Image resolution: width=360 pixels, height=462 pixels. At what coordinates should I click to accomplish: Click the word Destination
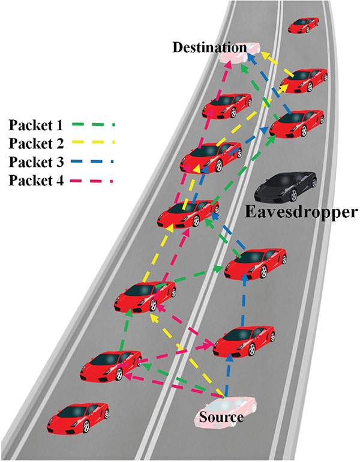pyautogui.click(x=209, y=47)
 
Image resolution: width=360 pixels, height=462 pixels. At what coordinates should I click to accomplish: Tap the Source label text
pyautogui.click(x=221, y=417)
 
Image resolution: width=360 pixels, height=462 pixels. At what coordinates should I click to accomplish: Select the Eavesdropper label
pyautogui.click(x=301, y=213)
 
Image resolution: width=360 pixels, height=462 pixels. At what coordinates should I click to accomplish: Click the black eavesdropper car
pyautogui.click(x=286, y=187)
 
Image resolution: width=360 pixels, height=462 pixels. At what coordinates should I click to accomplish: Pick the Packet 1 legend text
pyautogui.click(x=36, y=125)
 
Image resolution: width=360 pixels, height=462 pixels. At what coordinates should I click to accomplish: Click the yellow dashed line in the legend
pyautogui.click(x=92, y=142)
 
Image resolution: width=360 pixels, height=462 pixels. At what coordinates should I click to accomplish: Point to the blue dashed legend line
pyautogui.click(x=92, y=161)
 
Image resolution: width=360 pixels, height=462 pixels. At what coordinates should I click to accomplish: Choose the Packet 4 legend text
pyautogui.click(x=36, y=181)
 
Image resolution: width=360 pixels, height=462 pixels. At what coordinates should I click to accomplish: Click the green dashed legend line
pyautogui.click(x=92, y=125)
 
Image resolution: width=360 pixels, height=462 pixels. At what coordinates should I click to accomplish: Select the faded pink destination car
pyautogui.click(x=240, y=53)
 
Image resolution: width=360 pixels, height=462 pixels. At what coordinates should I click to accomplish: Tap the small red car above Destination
pyautogui.click(x=304, y=25)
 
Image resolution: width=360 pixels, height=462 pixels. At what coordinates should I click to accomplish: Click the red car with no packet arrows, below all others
pyautogui.click(x=78, y=418)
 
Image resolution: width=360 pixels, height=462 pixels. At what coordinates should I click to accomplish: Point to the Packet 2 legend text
pyautogui.click(x=36, y=143)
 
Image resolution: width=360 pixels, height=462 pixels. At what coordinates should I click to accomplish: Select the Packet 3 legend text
pyautogui.click(x=36, y=162)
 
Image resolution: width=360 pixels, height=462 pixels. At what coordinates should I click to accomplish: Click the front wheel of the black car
pyautogui.click(x=293, y=195)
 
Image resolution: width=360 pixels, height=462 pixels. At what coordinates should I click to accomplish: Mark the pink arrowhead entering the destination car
pyautogui.click(x=229, y=66)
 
